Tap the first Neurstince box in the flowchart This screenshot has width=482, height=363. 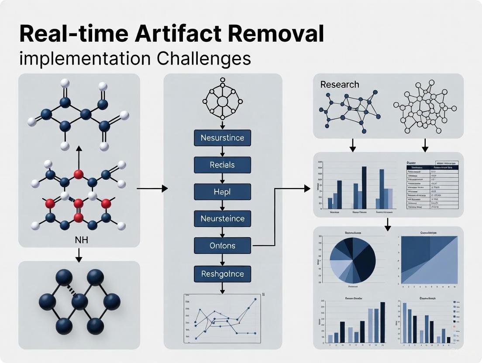pos(222,138)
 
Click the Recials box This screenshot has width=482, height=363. pos(222,165)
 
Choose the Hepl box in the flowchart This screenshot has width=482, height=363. pos(222,192)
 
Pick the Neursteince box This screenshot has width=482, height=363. pos(222,218)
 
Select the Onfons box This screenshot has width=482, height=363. pos(222,246)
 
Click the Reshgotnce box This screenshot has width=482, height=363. pos(222,274)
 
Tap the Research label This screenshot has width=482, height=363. pos(340,85)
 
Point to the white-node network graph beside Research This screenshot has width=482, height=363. pos(424,107)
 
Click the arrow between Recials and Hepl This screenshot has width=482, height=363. pos(222,178)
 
